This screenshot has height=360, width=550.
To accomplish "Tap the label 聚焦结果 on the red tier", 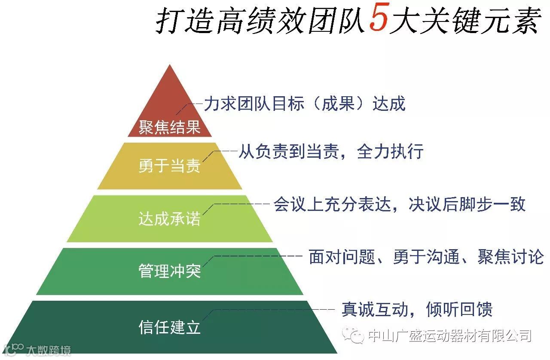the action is [170, 127].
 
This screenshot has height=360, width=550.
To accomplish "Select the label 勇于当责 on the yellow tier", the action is [170, 166].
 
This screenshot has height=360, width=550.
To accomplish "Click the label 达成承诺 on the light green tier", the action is [170, 219].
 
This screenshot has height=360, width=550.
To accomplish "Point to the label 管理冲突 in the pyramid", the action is [170, 271].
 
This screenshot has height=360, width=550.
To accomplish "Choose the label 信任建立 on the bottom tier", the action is [170, 327].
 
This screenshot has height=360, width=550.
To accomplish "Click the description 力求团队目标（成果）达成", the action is [305, 104].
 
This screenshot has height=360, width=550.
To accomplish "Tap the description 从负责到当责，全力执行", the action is [331, 152].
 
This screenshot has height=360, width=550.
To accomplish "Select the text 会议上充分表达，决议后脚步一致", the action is [400, 204].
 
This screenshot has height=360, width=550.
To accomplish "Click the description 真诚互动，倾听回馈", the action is [417, 309].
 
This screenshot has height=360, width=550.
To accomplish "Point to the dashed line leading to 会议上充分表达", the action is [241, 204].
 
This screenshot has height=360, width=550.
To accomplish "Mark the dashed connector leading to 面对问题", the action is [258, 256].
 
